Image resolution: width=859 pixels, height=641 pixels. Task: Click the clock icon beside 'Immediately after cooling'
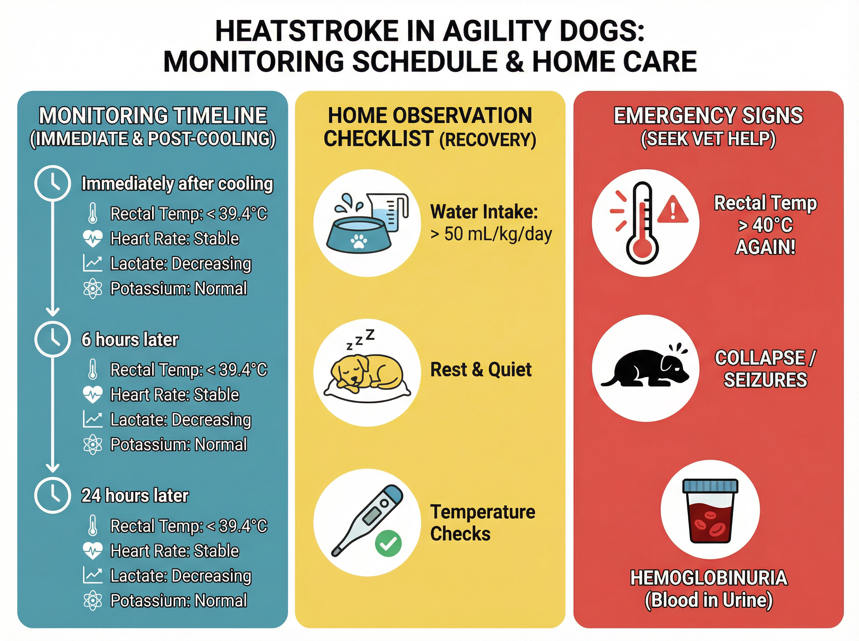(53, 183)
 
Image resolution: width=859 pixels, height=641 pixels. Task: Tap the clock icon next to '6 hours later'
(53, 339)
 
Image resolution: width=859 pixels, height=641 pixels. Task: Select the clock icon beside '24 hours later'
(53, 495)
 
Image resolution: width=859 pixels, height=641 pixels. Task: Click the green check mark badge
(388, 543)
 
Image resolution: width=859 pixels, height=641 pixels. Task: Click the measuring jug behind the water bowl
(388, 211)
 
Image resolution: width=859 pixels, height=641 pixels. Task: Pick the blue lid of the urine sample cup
(710, 486)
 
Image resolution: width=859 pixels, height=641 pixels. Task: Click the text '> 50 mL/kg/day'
(491, 234)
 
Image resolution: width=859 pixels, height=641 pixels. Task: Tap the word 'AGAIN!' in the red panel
(766, 247)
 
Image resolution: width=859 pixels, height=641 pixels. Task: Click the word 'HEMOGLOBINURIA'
(709, 578)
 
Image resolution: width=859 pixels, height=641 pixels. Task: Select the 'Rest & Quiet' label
(481, 370)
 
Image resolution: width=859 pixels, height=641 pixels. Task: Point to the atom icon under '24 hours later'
(93, 600)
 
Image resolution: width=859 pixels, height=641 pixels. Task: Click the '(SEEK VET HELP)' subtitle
(708, 139)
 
